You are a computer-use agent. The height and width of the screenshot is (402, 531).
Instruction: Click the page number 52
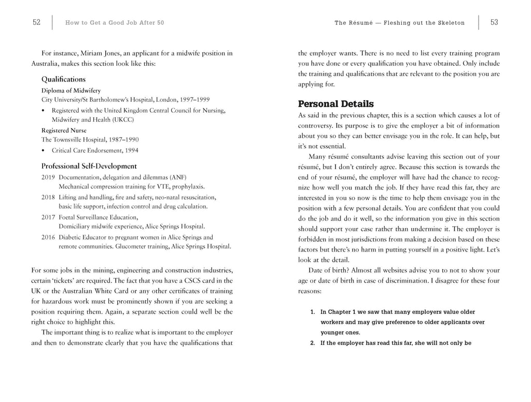(36, 22)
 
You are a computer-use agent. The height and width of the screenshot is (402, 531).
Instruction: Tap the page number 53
(494, 22)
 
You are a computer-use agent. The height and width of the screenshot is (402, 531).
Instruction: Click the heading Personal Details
(336, 104)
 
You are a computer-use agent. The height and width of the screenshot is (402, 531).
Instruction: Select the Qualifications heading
(63, 79)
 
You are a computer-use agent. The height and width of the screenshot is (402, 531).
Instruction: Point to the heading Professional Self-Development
(89, 166)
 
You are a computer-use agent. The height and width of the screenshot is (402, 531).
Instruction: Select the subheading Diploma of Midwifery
(71, 90)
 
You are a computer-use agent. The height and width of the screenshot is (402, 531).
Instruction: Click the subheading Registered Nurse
(64, 130)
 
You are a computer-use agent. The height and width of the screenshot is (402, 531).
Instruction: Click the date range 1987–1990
(122, 140)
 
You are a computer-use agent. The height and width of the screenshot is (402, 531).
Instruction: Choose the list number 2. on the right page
(313, 343)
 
